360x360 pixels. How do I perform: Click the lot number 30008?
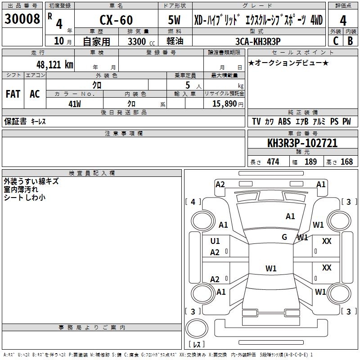click(x=22, y=19)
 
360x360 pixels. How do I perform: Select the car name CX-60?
click(x=116, y=20)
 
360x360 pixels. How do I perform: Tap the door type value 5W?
click(x=174, y=20)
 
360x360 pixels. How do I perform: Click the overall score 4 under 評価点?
click(x=343, y=21)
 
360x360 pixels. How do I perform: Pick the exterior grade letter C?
click(x=336, y=41)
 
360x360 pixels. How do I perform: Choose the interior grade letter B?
click(x=350, y=41)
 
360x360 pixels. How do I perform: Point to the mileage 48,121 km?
click(x=55, y=65)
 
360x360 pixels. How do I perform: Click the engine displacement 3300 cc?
click(x=141, y=41)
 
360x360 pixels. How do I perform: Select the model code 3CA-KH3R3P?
click(x=258, y=41)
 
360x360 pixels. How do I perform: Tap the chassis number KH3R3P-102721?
click(x=302, y=143)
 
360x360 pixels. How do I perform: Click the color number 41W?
click(x=75, y=104)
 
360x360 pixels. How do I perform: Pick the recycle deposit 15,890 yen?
click(x=228, y=104)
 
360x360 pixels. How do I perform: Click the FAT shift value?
click(x=13, y=94)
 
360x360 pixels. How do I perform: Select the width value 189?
click(x=310, y=162)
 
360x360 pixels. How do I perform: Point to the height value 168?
click(x=346, y=162)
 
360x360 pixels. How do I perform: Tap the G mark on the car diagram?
click(x=284, y=237)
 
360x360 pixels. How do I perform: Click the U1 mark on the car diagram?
click(x=215, y=241)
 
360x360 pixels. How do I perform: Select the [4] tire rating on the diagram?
click(x=193, y=202)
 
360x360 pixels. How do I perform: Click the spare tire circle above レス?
click(x=197, y=328)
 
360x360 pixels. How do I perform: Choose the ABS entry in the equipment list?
click(x=284, y=121)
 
